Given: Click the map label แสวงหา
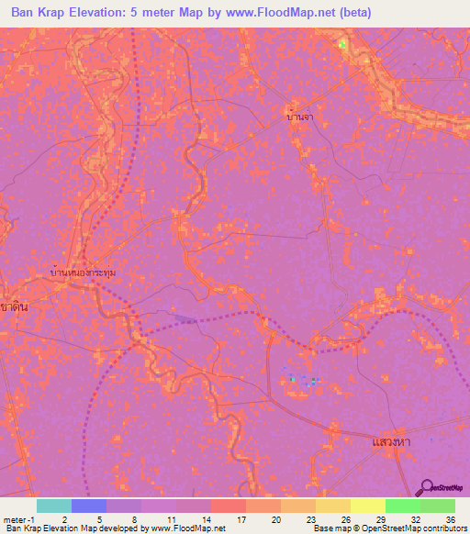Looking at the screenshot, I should (x=391, y=443).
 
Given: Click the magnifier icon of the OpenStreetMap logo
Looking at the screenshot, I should (x=425, y=487).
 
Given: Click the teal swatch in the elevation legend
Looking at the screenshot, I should (x=54, y=506).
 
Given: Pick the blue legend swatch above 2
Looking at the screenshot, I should (x=89, y=506).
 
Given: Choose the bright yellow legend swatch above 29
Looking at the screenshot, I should (x=367, y=506).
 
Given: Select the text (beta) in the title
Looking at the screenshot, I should (x=352, y=11).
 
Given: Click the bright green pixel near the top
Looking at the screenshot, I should (x=342, y=43).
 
